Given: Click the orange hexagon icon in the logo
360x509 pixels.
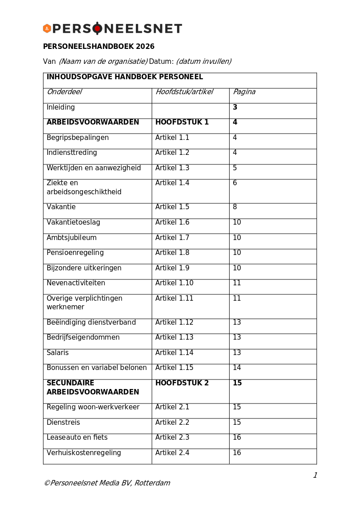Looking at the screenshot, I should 47,29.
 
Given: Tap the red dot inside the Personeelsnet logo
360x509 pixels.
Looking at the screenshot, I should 97,29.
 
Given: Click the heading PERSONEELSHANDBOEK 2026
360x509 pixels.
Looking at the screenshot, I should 99,47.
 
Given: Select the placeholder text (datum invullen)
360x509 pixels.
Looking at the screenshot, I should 204,62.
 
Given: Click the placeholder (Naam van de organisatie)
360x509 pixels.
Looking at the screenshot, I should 103,62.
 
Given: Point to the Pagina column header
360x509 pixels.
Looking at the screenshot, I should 244,92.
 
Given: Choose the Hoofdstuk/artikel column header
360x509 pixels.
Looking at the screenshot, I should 184,92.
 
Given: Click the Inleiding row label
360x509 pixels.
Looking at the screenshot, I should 61,108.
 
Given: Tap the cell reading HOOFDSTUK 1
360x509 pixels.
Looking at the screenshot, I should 182,123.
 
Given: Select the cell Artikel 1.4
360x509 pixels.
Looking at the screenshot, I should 173,183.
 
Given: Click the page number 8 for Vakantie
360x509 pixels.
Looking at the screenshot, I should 235,207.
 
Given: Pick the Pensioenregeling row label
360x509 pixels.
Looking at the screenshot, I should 75,253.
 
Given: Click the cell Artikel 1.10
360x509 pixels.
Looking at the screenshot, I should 174,283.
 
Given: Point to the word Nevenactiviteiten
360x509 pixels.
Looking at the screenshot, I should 76,283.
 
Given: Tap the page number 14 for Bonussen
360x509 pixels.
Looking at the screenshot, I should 237,368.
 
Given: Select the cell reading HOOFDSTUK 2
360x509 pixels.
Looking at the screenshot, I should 182,384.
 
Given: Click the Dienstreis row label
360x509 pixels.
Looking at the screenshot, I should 63,423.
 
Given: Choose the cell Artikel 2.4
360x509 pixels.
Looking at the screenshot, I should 173,453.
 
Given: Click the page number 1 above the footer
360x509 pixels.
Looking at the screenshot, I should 315,475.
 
